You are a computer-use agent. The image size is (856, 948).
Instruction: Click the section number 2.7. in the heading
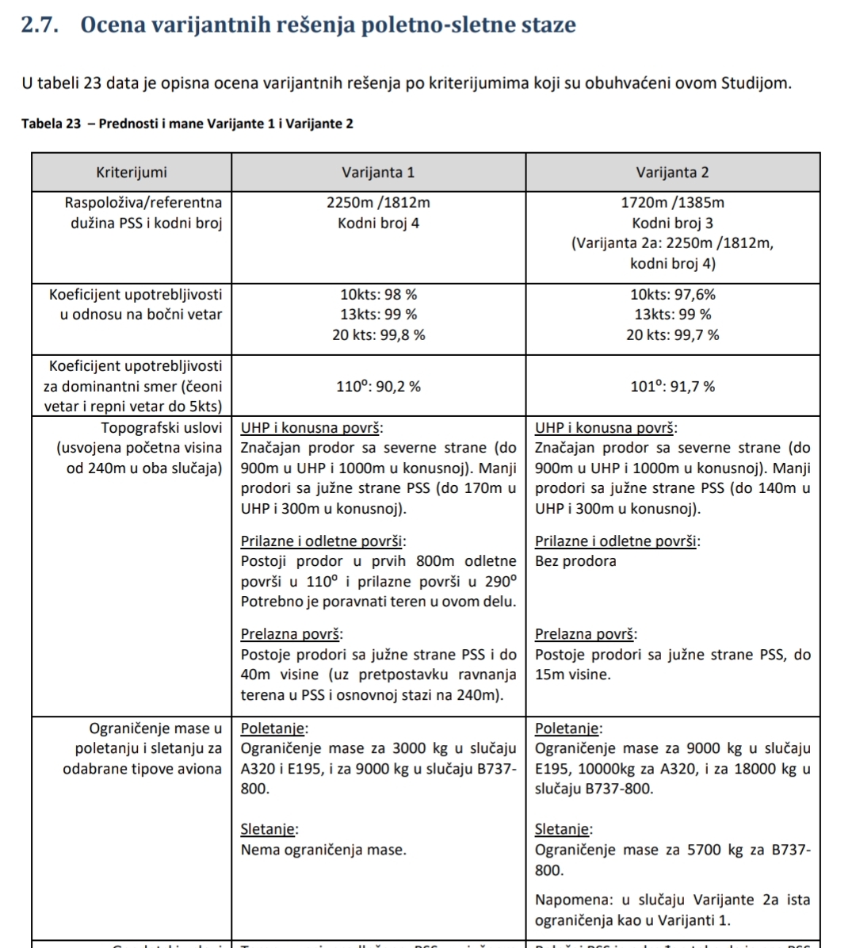click(40, 25)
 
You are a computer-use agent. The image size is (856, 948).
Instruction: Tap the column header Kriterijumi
click(132, 172)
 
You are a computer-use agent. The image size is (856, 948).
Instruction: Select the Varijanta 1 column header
click(378, 172)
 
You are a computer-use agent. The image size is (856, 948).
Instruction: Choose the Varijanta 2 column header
click(672, 172)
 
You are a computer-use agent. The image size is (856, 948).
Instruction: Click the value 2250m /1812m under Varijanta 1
click(378, 203)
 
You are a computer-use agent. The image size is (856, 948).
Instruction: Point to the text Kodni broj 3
click(672, 224)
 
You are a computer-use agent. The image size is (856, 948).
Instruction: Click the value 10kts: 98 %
click(378, 295)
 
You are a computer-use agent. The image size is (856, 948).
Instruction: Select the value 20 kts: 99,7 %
click(672, 335)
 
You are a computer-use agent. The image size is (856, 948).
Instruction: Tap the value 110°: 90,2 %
click(378, 387)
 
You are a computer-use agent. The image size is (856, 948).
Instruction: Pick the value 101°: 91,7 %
click(672, 387)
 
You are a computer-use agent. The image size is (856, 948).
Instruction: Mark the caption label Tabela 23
click(52, 124)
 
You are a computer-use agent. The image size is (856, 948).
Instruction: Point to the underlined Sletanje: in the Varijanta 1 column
click(269, 830)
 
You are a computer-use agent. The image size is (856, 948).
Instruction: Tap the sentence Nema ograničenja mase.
click(323, 851)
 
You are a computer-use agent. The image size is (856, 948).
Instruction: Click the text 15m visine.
click(573, 675)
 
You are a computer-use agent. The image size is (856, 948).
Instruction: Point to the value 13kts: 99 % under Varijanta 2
click(672, 315)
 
